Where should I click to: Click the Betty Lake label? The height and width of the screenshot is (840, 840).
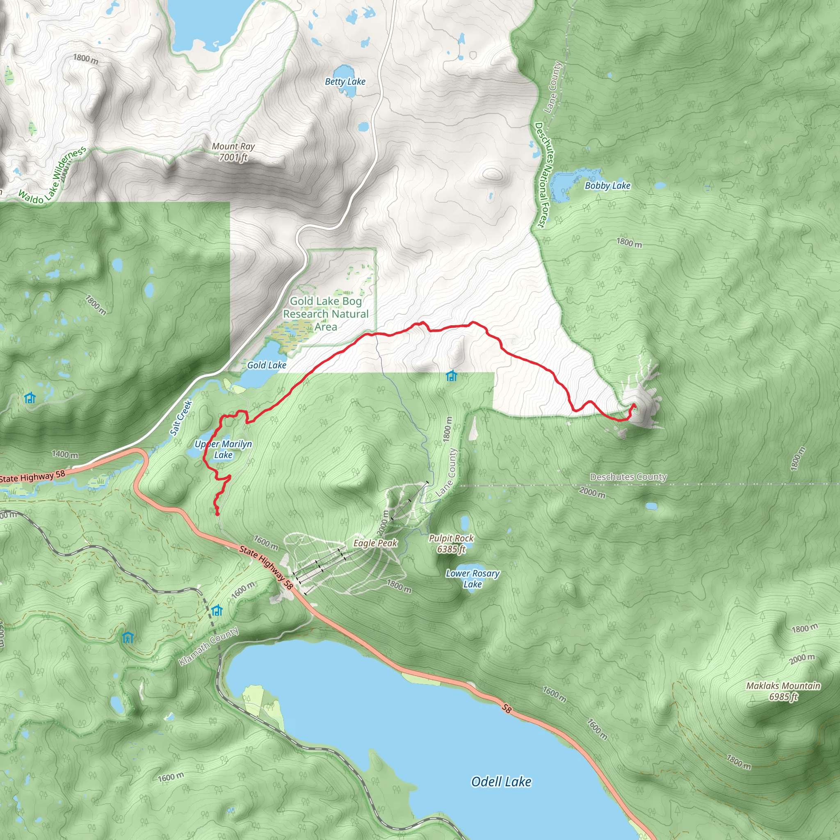345,82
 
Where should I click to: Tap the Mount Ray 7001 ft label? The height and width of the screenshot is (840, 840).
233,152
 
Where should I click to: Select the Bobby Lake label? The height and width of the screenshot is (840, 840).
607,186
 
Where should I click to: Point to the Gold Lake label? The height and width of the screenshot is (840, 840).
267,365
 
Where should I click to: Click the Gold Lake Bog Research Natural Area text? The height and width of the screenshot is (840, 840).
326,313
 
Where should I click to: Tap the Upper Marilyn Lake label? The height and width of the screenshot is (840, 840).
223,449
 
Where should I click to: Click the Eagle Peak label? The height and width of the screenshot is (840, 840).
375,543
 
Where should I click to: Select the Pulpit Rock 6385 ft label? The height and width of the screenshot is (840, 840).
451,543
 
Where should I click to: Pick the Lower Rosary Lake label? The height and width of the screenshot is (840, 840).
472,579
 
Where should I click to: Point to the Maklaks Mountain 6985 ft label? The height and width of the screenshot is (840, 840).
783,691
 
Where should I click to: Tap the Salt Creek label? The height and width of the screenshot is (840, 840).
181,418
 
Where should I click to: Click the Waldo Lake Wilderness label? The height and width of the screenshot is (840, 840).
52,176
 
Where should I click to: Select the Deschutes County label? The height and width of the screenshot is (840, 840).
628,477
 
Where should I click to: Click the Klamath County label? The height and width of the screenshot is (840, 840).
209,646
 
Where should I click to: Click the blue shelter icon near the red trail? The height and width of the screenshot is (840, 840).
451,376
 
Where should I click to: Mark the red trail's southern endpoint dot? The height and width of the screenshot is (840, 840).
217,514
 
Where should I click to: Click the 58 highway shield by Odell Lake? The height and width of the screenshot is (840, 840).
506,709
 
